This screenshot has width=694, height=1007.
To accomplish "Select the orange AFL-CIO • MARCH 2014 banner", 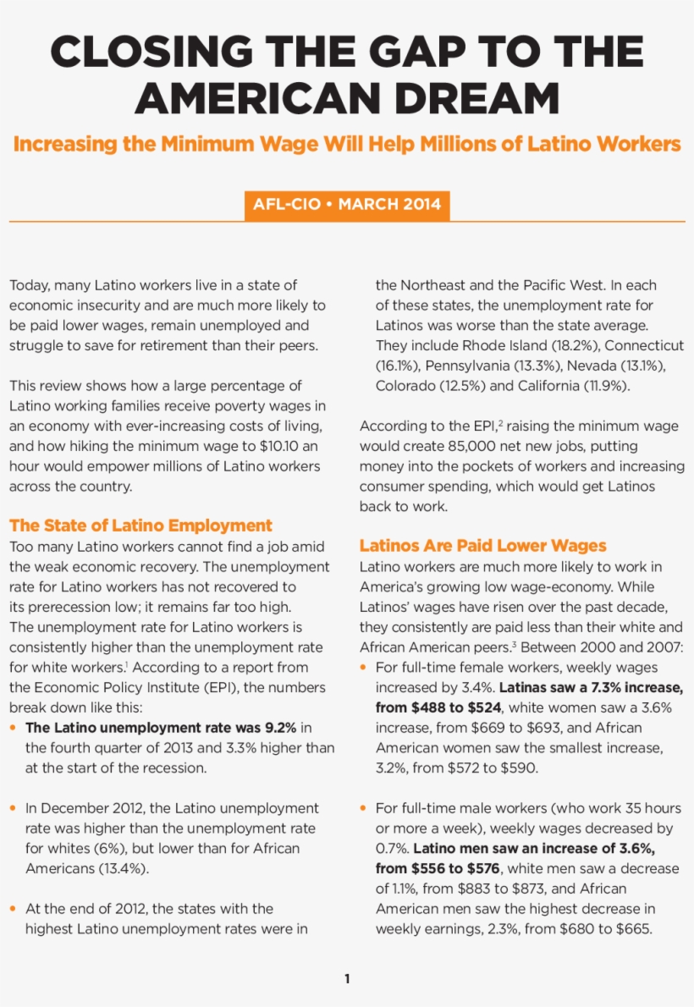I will coord(347,206).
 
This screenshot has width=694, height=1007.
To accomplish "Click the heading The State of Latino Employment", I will coord(140,526).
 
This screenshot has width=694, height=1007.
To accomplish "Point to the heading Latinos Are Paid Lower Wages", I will coord(483,546).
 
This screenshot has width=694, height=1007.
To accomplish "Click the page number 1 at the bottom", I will coord(347,979).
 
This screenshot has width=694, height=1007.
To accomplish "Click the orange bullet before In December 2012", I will coord(13,808).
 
